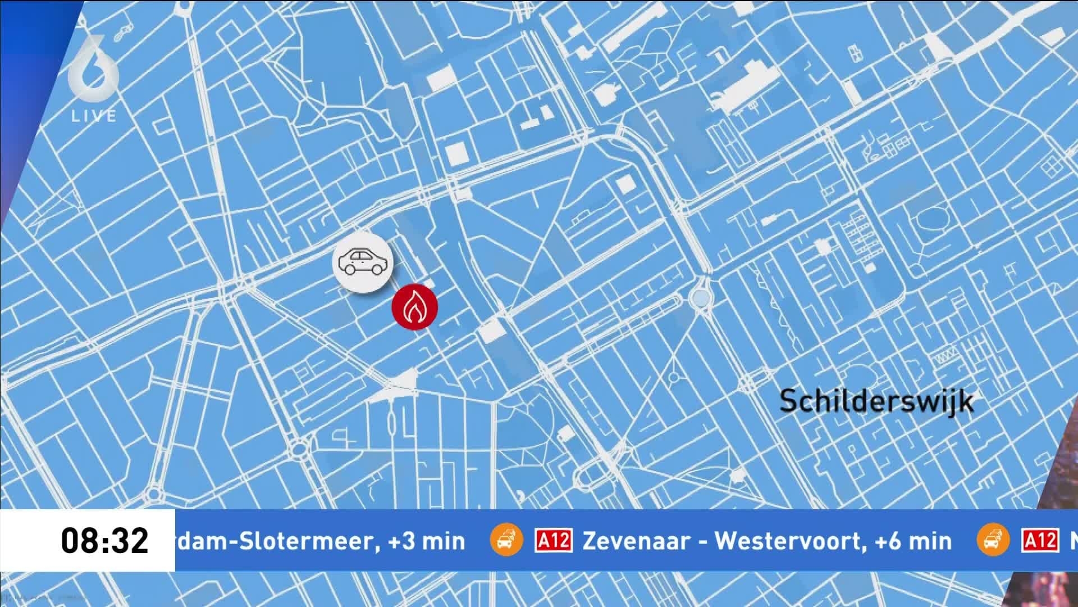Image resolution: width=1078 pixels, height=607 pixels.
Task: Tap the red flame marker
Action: pyautogui.click(x=414, y=307)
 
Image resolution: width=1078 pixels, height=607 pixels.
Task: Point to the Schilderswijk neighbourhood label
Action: pyautogui.click(x=876, y=401)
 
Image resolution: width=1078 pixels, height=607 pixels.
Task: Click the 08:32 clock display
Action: pyautogui.click(x=104, y=541)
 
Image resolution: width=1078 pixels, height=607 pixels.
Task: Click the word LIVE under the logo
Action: pyautogui.click(x=94, y=116)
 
